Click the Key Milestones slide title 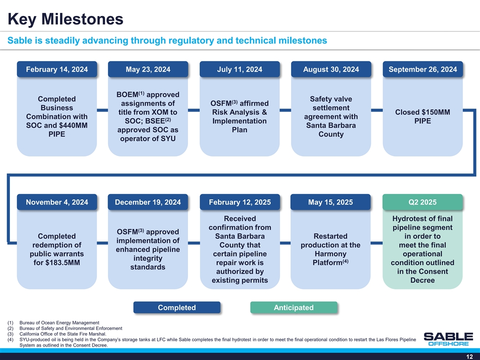(65, 19)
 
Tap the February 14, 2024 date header (57, 69)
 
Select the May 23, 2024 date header (148, 69)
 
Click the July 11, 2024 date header (239, 69)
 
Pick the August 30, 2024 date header (331, 69)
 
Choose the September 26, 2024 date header (423, 69)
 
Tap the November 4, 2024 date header (57, 202)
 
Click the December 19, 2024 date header (148, 202)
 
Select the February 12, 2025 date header (239, 202)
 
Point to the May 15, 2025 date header (330, 202)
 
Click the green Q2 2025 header (422, 202)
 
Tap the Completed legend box (177, 307)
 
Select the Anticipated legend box (294, 307)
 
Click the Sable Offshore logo (448, 339)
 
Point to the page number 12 (469, 356)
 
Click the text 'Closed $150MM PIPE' (423, 116)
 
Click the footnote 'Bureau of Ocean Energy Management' (59, 322)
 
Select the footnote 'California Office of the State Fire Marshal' (63, 334)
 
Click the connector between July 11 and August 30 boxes (285, 110)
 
